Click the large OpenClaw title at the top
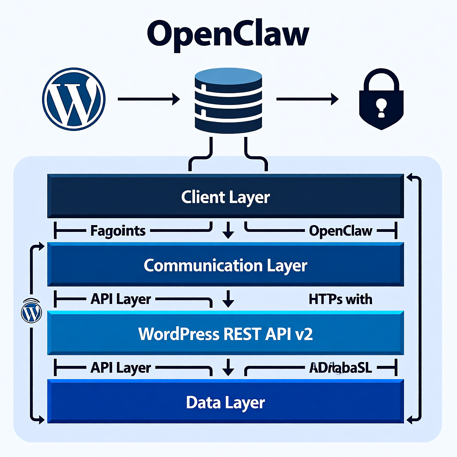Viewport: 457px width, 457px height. click(228, 34)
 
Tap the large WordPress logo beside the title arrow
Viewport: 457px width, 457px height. click(74, 99)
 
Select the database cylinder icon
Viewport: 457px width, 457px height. click(228, 100)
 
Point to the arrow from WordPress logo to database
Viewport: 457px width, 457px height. click(149, 99)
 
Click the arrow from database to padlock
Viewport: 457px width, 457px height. click(307, 99)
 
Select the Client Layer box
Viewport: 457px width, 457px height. click(225, 196)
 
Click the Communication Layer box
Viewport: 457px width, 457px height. click(225, 265)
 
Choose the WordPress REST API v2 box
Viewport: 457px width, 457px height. click(225, 333)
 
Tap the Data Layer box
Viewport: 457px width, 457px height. click(225, 402)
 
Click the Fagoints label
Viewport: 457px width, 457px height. click(118, 231)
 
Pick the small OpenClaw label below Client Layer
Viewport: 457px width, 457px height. click(340, 231)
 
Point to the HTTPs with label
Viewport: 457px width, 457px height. click(340, 299)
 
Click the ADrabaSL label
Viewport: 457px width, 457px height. click(340, 368)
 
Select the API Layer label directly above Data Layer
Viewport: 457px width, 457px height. click(120, 368)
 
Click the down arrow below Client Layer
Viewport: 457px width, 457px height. click(228, 230)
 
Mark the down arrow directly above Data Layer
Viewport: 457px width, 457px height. click(228, 367)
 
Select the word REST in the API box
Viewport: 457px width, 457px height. click(241, 334)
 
